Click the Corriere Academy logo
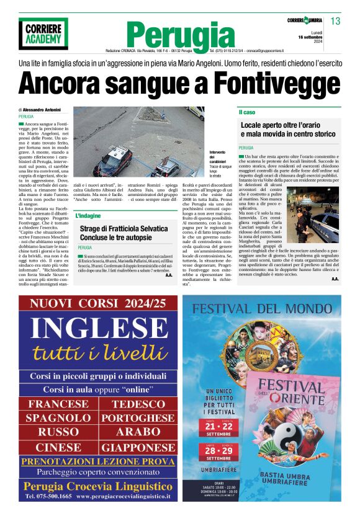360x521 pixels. [43, 33]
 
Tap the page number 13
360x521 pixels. [335, 22]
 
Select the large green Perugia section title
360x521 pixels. [181, 35]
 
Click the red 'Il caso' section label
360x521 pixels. [247, 112]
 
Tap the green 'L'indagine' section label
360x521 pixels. [88, 216]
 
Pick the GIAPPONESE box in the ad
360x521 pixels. [138, 447]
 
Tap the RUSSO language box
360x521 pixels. [58, 432]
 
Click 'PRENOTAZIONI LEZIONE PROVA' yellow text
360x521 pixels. [97, 461]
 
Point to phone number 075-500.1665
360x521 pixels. [49, 496]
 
